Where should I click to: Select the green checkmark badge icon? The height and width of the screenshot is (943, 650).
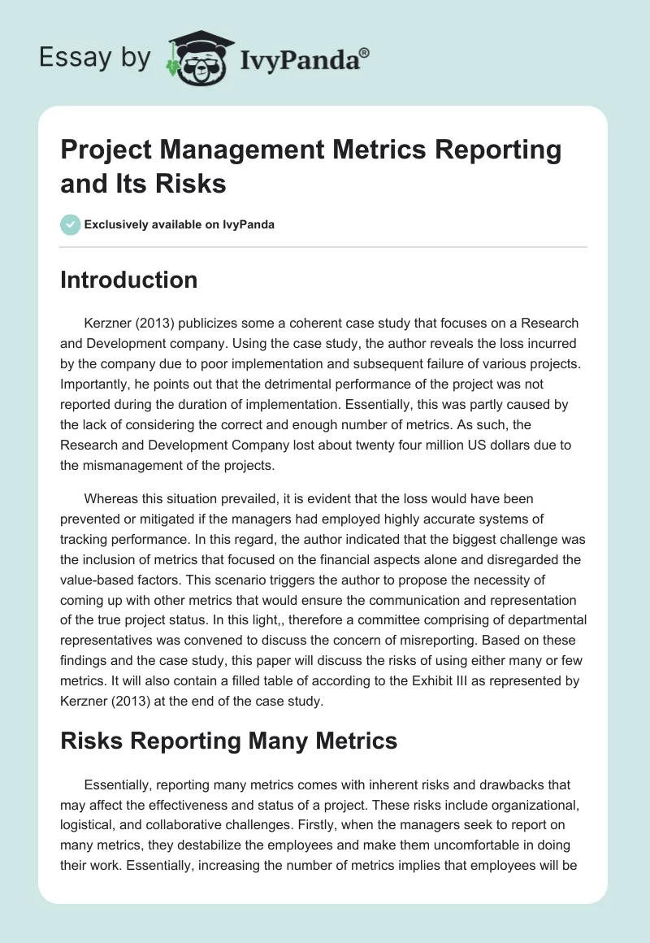70,224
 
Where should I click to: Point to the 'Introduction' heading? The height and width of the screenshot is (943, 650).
129,280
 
